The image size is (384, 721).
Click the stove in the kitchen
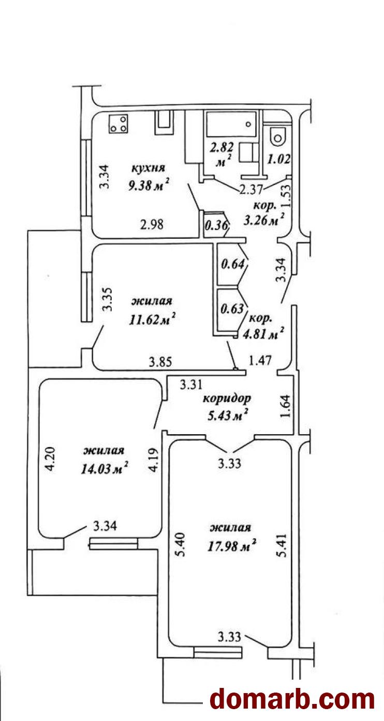coord(119,124)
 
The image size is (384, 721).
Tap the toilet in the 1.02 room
coord(278,136)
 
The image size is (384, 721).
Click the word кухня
coord(148,168)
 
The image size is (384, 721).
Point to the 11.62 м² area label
coord(153,317)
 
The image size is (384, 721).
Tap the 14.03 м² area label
coord(104,469)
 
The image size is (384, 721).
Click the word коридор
coord(227,398)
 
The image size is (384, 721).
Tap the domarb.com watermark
coord(292,699)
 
